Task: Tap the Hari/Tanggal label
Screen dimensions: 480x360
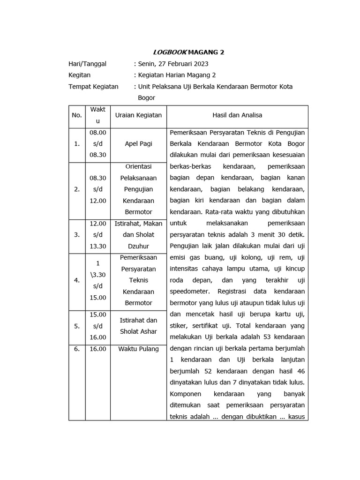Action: (x=88, y=64)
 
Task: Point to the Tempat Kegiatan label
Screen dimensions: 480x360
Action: (x=93, y=87)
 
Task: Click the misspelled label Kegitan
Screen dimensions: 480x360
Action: (x=80, y=75)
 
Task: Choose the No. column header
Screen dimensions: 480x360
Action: (x=76, y=115)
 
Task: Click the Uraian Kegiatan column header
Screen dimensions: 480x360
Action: (x=138, y=115)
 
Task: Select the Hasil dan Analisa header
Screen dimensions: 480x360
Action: (x=237, y=115)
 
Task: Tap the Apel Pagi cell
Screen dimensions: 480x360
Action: (x=138, y=144)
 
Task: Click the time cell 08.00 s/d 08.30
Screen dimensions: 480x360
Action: (x=97, y=144)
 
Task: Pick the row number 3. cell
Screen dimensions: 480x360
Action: (x=76, y=235)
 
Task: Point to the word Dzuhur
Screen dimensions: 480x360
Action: (x=138, y=246)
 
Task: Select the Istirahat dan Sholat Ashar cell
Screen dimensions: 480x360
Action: (x=138, y=326)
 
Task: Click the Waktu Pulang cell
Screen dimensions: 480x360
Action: (x=138, y=349)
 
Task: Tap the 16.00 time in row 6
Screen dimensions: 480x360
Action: (x=97, y=349)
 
